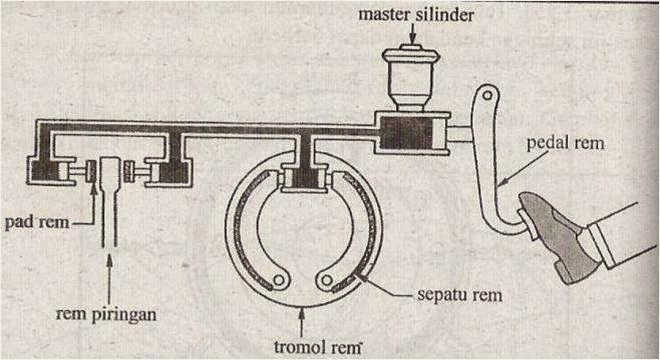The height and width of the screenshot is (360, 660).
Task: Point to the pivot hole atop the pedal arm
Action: [484, 99]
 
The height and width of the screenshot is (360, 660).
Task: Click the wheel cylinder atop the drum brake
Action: [300, 178]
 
